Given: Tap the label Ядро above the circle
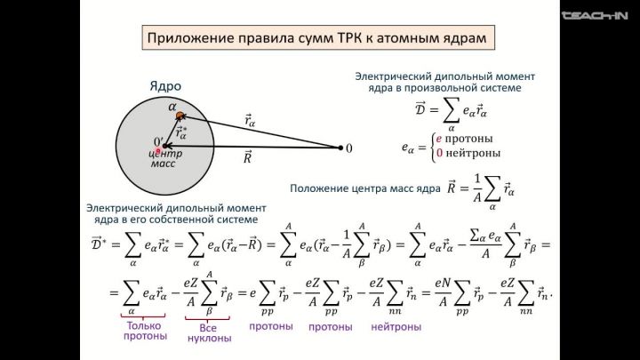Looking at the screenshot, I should tap(165, 86).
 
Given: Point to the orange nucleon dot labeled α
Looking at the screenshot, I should tap(180, 116).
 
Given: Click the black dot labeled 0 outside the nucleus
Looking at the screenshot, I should tap(340, 148).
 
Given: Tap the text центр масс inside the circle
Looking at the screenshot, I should tap(165, 159).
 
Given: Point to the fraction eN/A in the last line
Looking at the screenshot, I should tap(444, 291).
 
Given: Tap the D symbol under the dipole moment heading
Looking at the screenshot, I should tap(420, 108).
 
